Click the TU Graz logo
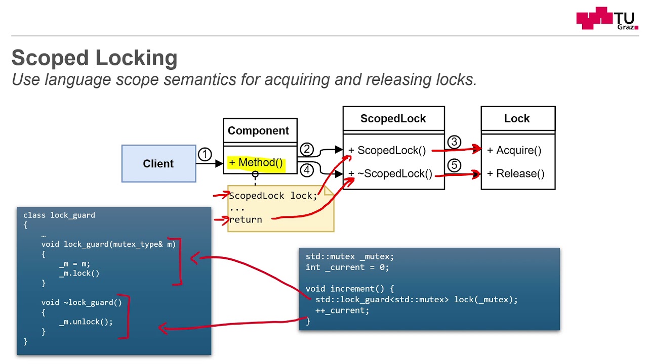pyautogui.click(x=607, y=19)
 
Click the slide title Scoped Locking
pyautogui.click(x=95, y=58)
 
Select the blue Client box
pyautogui.click(x=158, y=164)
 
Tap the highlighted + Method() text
pyautogui.click(x=256, y=163)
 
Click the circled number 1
pyautogui.click(x=205, y=155)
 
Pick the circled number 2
pyautogui.click(x=307, y=149)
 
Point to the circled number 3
pyautogui.click(x=454, y=142)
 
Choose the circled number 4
pyautogui.click(x=307, y=170)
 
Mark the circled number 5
pyautogui.click(x=454, y=165)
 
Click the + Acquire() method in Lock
pyautogui.click(x=514, y=150)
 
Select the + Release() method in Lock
pyautogui.click(x=515, y=174)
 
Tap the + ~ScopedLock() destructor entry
pyautogui.click(x=390, y=174)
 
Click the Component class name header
pyautogui.click(x=258, y=131)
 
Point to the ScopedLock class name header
pyautogui.click(x=393, y=119)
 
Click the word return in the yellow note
pyautogui.click(x=246, y=219)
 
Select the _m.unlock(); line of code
pyautogui.click(x=86, y=322)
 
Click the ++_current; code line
pyautogui.click(x=342, y=310)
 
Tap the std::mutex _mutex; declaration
pyautogui.click(x=349, y=256)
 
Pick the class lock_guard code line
pyautogui.click(x=59, y=215)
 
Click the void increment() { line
pyautogui.click(x=349, y=289)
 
